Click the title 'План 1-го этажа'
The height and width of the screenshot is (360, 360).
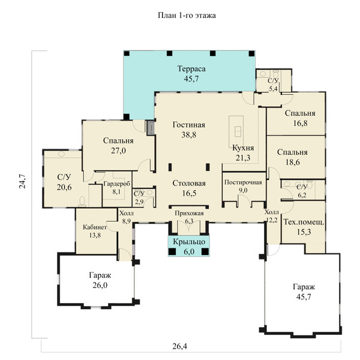(187, 16)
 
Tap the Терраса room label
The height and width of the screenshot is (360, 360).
(191, 68)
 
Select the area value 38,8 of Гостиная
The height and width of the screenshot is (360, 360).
(189, 135)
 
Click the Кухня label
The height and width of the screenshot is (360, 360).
(243, 148)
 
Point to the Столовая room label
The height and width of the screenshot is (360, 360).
(189, 183)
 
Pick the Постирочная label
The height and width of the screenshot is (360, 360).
(243, 182)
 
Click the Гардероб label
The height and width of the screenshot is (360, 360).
(116, 184)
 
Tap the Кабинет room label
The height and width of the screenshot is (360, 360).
(95, 227)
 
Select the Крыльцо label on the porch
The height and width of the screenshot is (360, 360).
(189, 242)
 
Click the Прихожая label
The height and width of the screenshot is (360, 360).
(189, 214)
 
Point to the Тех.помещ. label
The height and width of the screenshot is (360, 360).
(304, 222)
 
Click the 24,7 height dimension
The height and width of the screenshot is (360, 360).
(22, 181)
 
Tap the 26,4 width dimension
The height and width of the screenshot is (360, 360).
(180, 346)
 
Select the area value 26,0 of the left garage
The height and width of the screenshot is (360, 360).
(100, 285)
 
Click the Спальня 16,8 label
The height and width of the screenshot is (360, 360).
(300, 118)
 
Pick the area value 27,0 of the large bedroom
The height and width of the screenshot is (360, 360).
(118, 151)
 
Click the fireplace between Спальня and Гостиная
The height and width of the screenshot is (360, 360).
(151, 127)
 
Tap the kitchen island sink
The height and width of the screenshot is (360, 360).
(237, 131)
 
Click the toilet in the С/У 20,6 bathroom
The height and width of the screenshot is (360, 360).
(82, 202)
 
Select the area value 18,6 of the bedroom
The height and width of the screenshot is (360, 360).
(293, 162)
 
